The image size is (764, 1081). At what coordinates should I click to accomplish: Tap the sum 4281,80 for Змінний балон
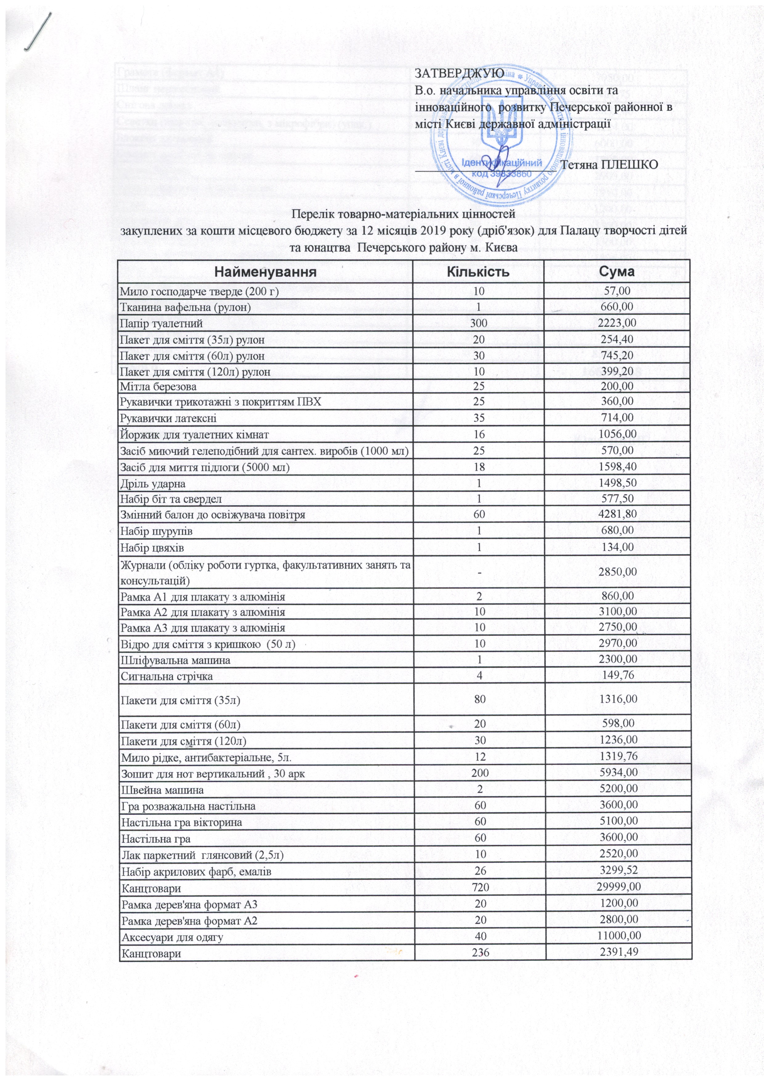[617, 514]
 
